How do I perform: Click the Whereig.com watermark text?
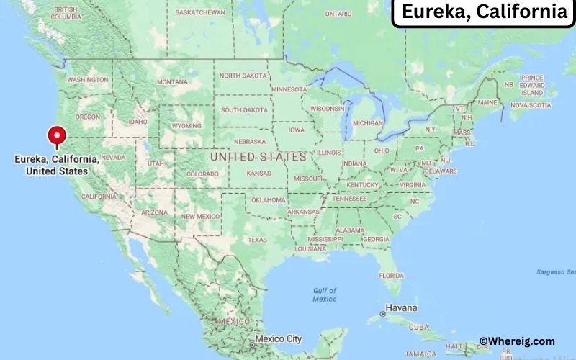point(517,341)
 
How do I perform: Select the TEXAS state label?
point(257,240)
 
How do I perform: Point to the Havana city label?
point(401,307)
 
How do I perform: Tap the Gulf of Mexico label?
point(325,294)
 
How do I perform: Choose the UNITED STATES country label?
point(258,156)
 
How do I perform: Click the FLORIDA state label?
point(391,276)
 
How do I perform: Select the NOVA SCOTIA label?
point(530,105)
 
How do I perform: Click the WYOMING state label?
point(186,125)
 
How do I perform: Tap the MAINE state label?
point(487,103)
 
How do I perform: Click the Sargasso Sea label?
point(556,272)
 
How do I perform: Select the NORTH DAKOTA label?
point(242,76)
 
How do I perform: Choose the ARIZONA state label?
point(154,212)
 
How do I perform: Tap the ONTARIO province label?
point(338,14)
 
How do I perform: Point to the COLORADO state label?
point(202,174)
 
